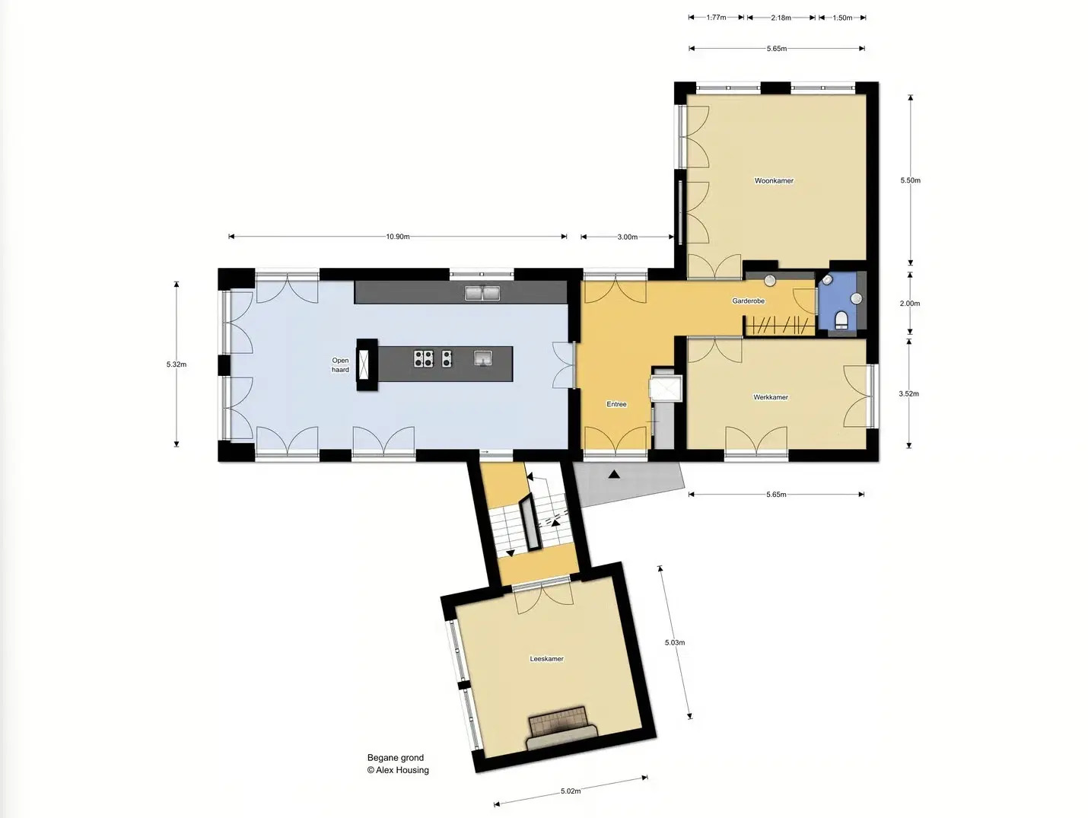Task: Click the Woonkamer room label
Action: [774, 181]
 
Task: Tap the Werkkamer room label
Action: [770, 397]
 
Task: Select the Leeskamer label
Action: [546, 659]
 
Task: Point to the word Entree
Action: [616, 404]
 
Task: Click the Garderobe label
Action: [748, 301]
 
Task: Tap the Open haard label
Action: [340, 365]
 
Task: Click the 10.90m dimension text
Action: [397, 237]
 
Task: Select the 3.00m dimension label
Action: [627, 237]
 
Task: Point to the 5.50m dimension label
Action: [910, 180]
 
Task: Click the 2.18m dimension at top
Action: [781, 18]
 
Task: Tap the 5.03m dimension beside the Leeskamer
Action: [675, 642]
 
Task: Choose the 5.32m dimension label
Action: [177, 364]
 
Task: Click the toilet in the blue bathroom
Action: [841, 320]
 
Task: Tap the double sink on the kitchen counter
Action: [482, 293]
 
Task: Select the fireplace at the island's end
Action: [367, 365]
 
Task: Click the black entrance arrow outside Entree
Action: [614, 475]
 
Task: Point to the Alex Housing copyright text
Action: [398, 770]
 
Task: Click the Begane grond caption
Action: [396, 758]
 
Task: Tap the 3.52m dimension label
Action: [908, 394]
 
